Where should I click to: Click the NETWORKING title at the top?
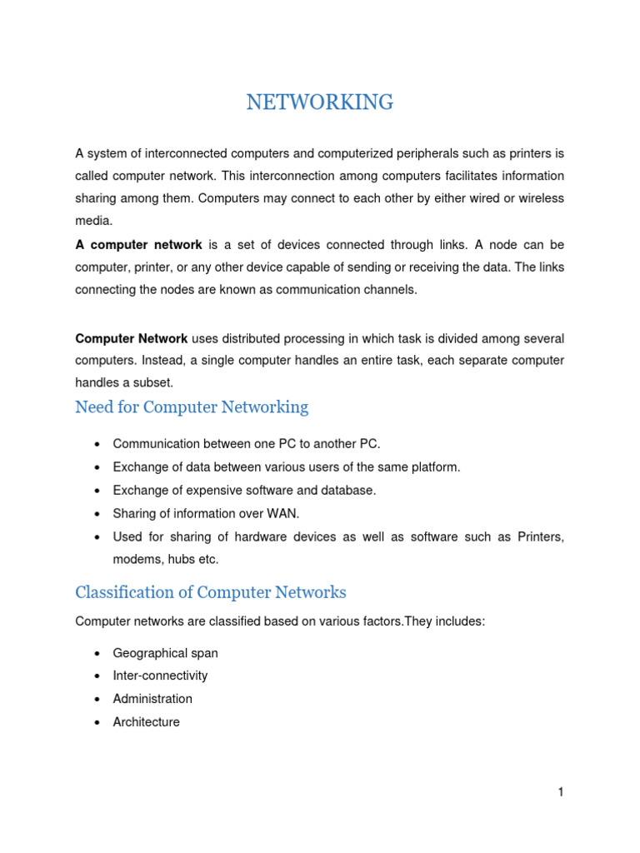(x=320, y=102)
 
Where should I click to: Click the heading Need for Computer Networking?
(x=192, y=407)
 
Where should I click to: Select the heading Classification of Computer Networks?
(x=210, y=592)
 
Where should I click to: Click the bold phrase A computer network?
(x=138, y=245)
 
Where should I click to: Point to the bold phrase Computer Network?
(x=132, y=338)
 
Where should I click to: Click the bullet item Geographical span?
(x=165, y=653)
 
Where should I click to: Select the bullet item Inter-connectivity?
(x=160, y=676)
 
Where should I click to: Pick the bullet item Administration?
(x=152, y=699)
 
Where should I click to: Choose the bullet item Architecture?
(x=146, y=722)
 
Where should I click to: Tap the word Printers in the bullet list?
(x=540, y=537)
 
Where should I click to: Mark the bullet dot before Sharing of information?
(x=98, y=514)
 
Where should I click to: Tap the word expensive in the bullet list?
(x=204, y=491)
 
